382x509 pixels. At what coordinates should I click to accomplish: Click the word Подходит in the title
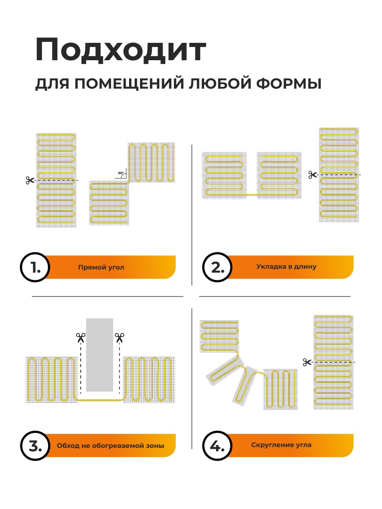pyautogui.click(x=121, y=51)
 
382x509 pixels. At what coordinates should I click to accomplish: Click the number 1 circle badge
pyautogui.click(x=36, y=268)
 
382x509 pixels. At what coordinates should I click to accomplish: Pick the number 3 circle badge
pyautogui.click(x=36, y=446)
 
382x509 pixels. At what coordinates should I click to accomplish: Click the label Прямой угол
pyautogui.click(x=101, y=268)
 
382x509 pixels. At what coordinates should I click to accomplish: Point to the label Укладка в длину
pyautogui.click(x=286, y=267)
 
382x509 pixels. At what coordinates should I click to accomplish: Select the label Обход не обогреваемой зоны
pyautogui.click(x=110, y=446)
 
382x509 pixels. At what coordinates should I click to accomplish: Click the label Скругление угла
pyautogui.click(x=281, y=445)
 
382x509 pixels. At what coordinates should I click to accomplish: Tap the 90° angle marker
pyautogui.click(x=121, y=173)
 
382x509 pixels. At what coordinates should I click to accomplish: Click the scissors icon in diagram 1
pyautogui.click(x=30, y=180)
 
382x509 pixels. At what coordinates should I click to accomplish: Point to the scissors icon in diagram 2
pyautogui.click(x=313, y=175)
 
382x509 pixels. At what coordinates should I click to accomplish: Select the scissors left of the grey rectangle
pyautogui.click(x=81, y=338)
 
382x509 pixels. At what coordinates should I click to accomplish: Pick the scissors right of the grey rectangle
pyautogui.click(x=120, y=338)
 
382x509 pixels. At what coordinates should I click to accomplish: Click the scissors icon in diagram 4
pyautogui.click(x=307, y=362)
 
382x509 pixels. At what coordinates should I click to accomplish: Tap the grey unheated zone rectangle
pyautogui.click(x=100, y=355)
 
